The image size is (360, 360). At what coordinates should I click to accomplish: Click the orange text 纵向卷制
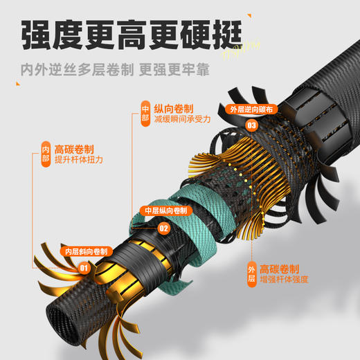(174, 108)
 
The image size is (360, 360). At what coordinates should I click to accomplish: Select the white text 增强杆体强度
(286, 279)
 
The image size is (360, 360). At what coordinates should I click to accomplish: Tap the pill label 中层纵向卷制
(164, 210)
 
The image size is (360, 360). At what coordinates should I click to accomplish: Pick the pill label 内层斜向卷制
(86, 251)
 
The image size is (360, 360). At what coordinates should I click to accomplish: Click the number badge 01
(83, 267)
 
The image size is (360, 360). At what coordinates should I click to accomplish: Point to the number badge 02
(164, 226)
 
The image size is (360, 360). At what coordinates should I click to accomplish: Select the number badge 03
(251, 125)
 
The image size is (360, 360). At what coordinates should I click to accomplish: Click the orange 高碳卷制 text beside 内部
(74, 148)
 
